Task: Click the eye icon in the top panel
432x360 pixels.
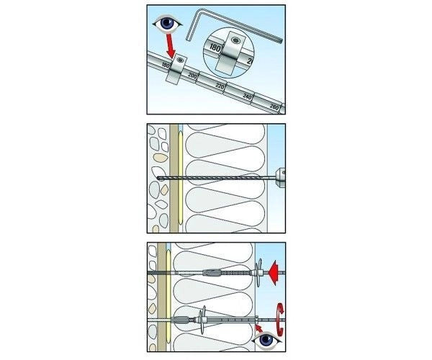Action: [167, 24]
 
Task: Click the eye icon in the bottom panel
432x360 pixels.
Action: [266, 341]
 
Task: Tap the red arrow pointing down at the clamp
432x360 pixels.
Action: [170, 45]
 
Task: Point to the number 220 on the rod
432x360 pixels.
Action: [220, 86]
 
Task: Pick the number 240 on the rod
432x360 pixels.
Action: [247, 96]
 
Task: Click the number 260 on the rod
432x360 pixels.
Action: [274, 107]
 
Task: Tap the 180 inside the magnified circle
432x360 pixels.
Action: [215, 48]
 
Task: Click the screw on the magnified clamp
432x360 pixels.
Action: [235, 40]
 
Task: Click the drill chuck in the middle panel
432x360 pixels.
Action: [280, 178]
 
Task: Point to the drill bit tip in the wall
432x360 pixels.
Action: [158, 178]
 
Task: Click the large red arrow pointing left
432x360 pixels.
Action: [274, 273]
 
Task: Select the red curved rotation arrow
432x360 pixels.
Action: [280, 320]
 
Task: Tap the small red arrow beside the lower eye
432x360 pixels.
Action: [258, 328]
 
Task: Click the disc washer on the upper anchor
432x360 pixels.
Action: [258, 273]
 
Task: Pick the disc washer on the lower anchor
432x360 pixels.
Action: [203, 320]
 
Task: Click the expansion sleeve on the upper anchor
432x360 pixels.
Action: [212, 273]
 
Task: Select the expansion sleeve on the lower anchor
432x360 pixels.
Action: [179, 320]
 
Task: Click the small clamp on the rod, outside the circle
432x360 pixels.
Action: [176, 70]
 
